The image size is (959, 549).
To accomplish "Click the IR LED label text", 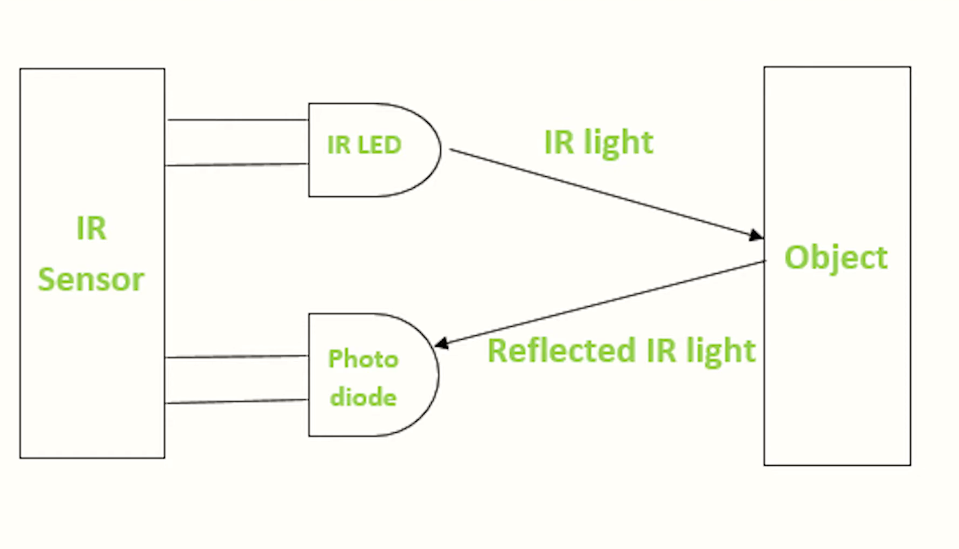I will [364, 145].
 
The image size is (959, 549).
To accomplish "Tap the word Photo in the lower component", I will [363, 359].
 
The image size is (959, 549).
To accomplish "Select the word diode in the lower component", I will [363, 397].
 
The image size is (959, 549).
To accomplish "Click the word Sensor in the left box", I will [91, 280].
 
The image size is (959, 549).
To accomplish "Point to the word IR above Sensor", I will [91, 228].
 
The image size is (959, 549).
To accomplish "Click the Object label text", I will [836, 257].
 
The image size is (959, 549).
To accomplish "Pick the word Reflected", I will [561, 350].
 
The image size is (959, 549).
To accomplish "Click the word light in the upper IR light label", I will [618, 143].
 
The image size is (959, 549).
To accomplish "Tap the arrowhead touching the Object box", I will [756, 235].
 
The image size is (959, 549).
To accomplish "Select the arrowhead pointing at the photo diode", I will [441, 343].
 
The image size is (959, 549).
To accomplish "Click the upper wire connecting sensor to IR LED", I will [237, 120].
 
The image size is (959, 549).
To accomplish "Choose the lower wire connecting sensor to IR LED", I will [237, 164].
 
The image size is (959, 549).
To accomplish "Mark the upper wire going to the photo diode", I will [237, 356].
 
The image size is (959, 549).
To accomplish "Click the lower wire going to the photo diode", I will [237, 401].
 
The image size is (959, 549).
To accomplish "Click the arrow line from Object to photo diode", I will [600, 303].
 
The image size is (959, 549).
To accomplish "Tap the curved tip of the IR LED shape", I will [440, 150].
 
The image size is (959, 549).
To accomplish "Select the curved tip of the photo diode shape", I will [438, 374].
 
